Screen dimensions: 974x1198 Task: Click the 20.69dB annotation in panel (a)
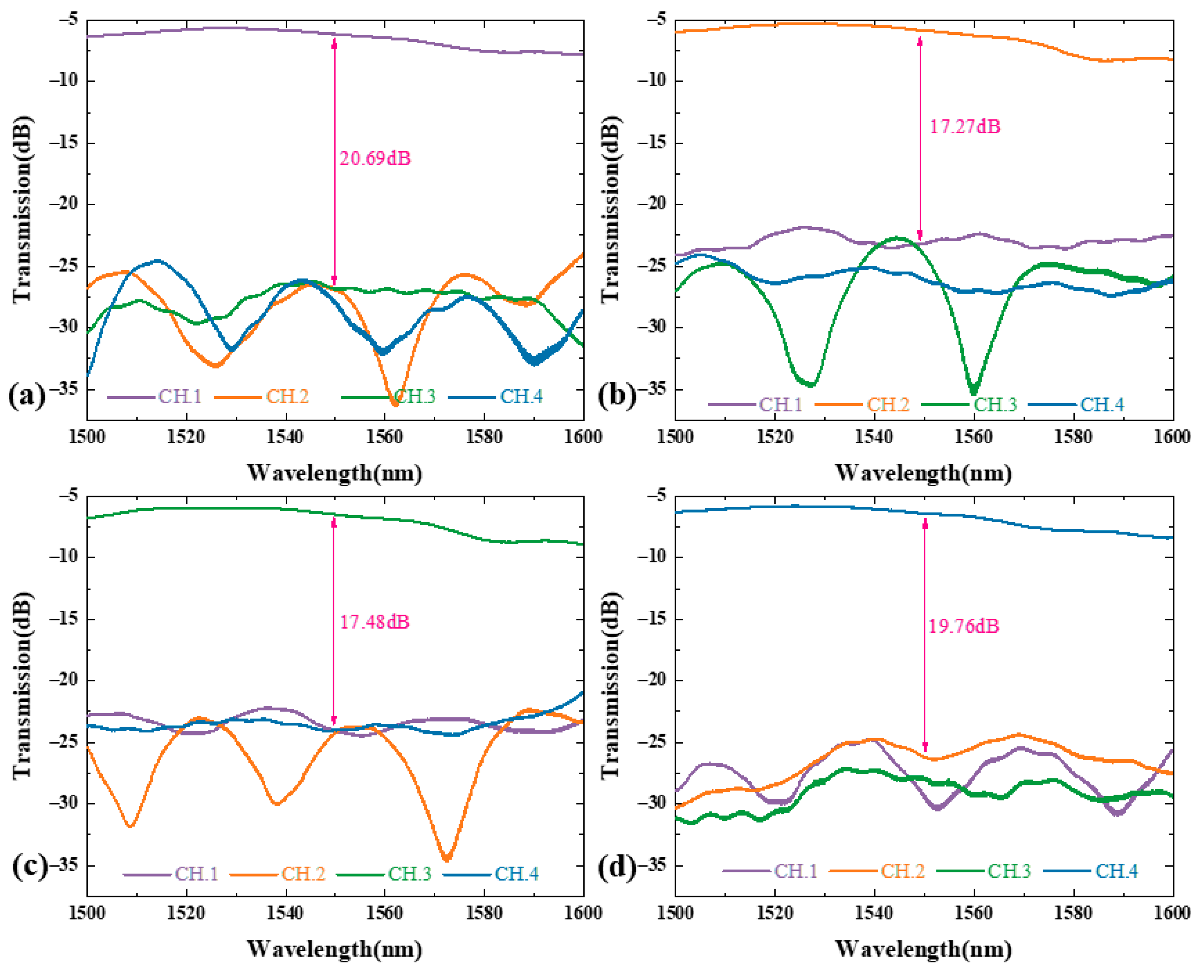(375, 159)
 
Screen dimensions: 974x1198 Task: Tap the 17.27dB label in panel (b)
(965, 127)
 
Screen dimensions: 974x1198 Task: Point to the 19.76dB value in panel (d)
(963, 626)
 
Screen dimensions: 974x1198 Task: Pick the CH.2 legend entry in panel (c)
(303, 874)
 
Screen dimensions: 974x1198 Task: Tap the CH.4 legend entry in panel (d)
(1117, 871)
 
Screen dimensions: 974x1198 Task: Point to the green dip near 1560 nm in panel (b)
(973, 392)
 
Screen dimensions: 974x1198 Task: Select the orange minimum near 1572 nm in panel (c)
(446, 859)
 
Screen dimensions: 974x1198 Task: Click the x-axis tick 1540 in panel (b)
(874, 436)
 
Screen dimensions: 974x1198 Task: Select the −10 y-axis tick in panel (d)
(652, 557)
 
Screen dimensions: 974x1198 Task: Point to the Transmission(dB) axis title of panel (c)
(22, 686)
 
